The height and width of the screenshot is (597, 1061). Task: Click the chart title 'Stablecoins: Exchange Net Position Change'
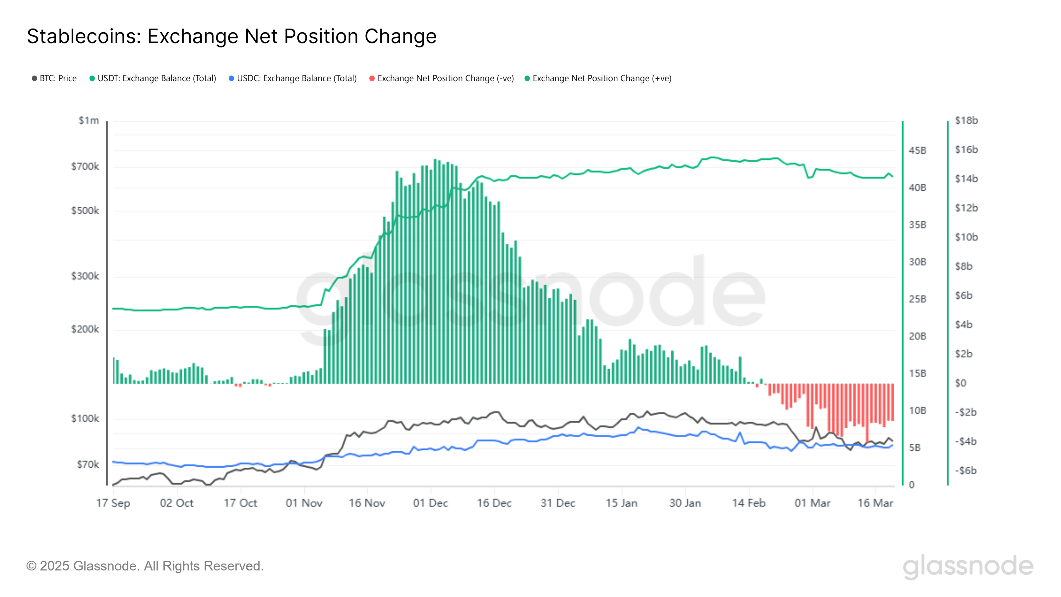coord(231,36)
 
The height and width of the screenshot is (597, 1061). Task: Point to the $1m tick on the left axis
coord(89,120)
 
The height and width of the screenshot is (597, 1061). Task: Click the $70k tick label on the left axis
coord(88,464)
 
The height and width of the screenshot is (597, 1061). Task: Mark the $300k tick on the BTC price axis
coord(85,276)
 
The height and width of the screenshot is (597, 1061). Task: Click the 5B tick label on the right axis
coord(914,447)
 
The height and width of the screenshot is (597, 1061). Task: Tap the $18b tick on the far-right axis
coord(966,120)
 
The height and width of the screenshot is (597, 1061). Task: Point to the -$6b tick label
coord(966,471)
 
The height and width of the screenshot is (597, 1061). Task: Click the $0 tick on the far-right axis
coord(961,383)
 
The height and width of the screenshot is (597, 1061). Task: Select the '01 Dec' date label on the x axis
coord(430,503)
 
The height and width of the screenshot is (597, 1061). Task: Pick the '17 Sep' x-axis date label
coord(113,503)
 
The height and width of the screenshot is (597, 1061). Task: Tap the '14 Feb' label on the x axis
coord(748,503)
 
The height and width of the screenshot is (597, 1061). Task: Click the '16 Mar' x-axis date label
coord(875,503)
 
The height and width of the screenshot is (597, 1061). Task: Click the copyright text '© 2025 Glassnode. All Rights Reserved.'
coord(145,566)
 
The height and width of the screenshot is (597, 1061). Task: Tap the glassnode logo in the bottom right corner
coord(967,566)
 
